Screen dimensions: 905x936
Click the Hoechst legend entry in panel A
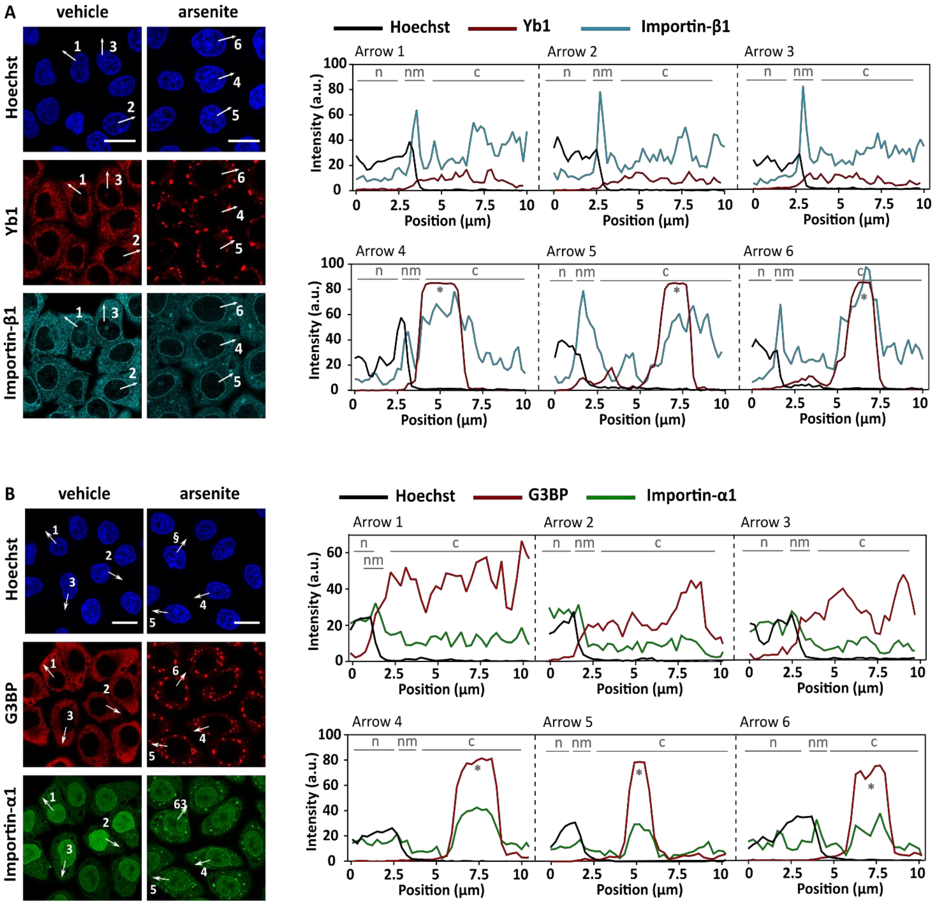(419, 27)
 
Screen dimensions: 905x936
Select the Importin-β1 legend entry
(685, 26)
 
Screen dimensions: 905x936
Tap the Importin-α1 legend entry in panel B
(690, 495)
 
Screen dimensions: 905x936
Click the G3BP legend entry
(547, 495)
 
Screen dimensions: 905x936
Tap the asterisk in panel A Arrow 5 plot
(676, 290)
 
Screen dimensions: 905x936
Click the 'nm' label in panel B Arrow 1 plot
(373, 560)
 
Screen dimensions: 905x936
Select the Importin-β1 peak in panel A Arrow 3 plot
(803, 87)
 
